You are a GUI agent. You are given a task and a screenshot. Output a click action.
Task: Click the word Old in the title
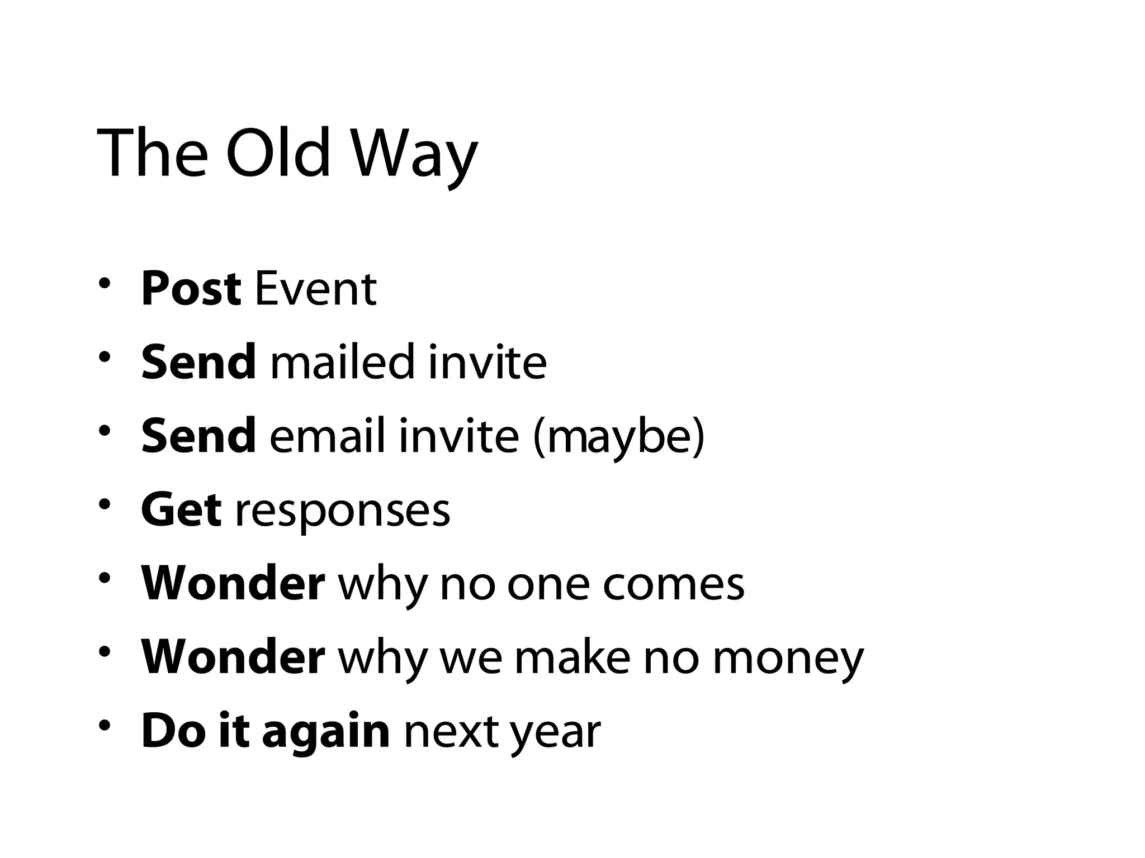click(x=278, y=152)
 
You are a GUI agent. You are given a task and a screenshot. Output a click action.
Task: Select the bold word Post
click(x=191, y=289)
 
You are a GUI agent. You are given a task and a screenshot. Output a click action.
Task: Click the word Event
click(x=316, y=289)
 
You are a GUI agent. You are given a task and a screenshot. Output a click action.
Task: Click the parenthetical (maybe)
click(x=619, y=437)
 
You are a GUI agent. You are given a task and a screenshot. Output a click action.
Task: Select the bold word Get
click(x=181, y=509)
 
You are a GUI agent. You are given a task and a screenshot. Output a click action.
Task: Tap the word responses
click(x=342, y=511)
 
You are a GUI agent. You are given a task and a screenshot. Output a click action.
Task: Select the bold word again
click(x=325, y=732)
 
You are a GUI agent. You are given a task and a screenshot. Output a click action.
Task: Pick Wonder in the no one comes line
click(x=233, y=583)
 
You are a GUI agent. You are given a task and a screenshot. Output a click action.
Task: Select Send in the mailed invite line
click(x=198, y=362)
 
